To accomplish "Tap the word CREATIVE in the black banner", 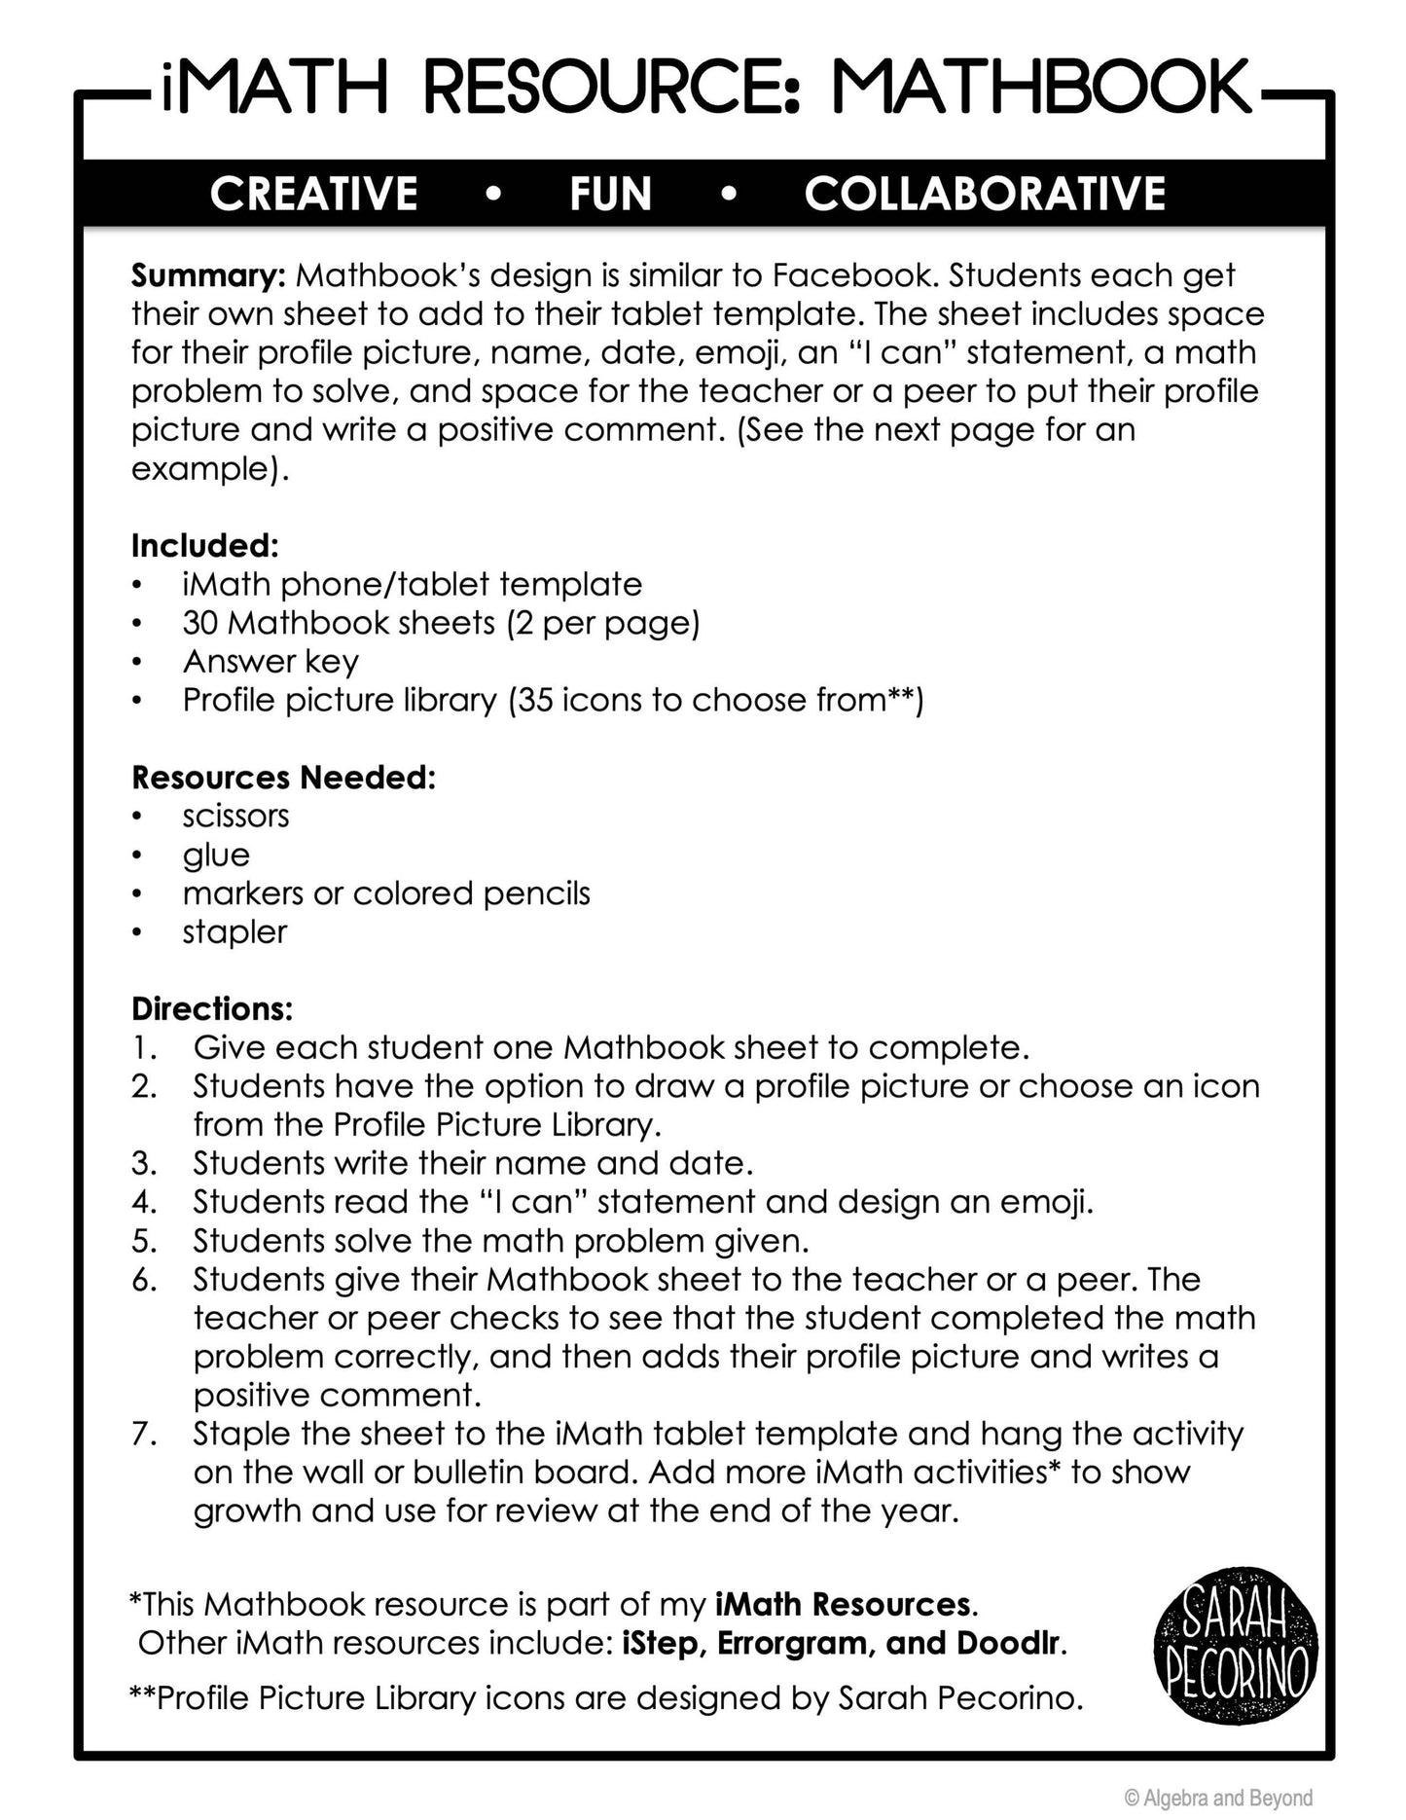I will [313, 193].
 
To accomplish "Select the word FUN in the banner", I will [610, 193].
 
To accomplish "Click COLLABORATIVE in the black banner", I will [985, 193].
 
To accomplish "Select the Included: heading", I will [205, 545].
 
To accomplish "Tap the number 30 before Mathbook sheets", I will [200, 622].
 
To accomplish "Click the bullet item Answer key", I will [270, 661].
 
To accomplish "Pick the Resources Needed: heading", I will [283, 777].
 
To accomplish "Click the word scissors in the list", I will [235, 816].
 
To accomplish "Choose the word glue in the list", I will [216, 855].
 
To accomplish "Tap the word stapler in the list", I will [234, 931].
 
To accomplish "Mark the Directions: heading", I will [212, 1008].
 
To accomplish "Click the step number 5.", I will [144, 1240].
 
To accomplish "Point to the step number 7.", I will [144, 1433].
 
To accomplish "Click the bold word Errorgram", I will [792, 1643].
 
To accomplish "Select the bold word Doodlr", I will [1008, 1643].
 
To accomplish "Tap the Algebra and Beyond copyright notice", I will [1218, 1798].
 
